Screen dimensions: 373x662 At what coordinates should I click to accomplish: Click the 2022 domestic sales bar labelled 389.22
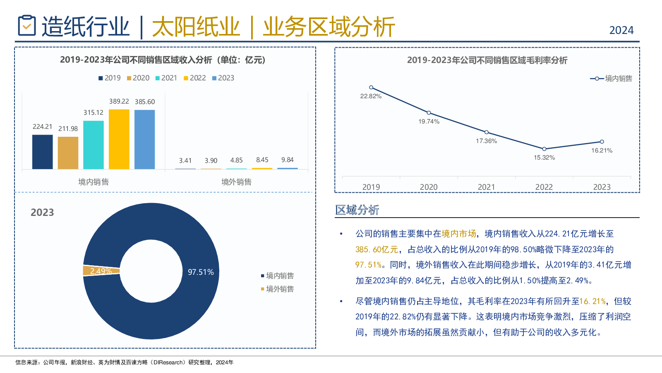(x=119, y=139)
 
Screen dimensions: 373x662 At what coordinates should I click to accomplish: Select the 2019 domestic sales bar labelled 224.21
(x=43, y=152)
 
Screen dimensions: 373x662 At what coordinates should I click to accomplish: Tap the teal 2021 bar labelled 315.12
(x=94, y=145)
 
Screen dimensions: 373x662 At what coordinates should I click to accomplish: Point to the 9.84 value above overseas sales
(x=287, y=160)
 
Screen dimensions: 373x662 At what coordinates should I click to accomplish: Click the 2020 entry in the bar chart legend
(x=138, y=78)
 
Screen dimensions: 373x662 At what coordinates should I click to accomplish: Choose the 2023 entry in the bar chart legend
(x=223, y=78)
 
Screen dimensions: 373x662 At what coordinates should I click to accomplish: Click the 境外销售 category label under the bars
(x=236, y=182)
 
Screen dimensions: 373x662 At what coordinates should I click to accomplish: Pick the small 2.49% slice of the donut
(x=101, y=271)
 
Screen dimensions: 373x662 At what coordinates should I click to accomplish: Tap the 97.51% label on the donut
(x=201, y=272)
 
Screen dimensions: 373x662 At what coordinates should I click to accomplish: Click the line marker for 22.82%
(x=371, y=87)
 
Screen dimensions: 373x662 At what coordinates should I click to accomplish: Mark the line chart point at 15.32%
(x=544, y=149)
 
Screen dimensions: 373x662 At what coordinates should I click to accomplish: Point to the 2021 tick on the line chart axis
(x=486, y=187)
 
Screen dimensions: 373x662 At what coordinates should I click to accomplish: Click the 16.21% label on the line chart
(x=602, y=150)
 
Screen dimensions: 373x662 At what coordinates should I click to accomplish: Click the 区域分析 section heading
(x=357, y=210)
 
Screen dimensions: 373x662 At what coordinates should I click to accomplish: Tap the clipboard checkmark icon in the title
(x=27, y=26)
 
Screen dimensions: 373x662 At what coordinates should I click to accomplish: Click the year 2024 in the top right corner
(x=621, y=30)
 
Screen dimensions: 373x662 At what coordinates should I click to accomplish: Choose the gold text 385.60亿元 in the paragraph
(x=377, y=249)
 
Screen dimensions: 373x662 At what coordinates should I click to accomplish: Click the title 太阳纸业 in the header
(x=196, y=27)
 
